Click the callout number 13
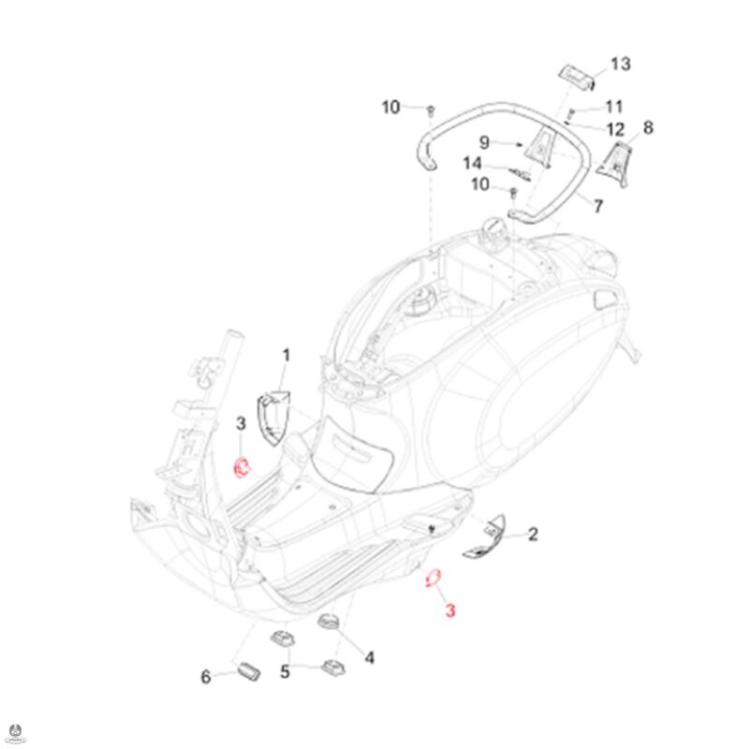pyautogui.click(x=621, y=64)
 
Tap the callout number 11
pyautogui.click(x=614, y=107)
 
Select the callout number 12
pyautogui.click(x=615, y=129)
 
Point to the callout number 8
pyautogui.click(x=648, y=127)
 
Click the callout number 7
pyautogui.click(x=598, y=206)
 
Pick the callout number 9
pyautogui.click(x=484, y=142)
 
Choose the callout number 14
pyautogui.click(x=473, y=164)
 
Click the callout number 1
pyautogui.click(x=286, y=356)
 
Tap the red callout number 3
pyautogui.click(x=450, y=610)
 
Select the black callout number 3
pyautogui.click(x=241, y=423)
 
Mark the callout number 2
pyautogui.click(x=533, y=534)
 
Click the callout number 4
pyautogui.click(x=369, y=658)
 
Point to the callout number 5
pyautogui.click(x=285, y=671)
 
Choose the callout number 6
pyautogui.click(x=205, y=676)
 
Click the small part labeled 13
pyautogui.click(x=577, y=77)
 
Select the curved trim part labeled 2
pyautogui.click(x=485, y=536)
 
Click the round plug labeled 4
pyautogui.click(x=328, y=622)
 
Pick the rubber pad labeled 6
pyautogui.click(x=248, y=670)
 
